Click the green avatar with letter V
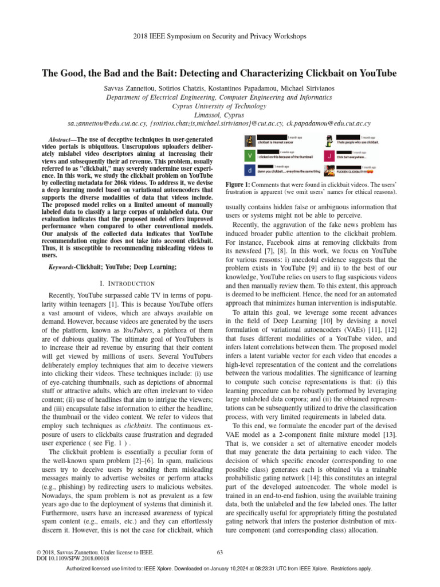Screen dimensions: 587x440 (x=250, y=156)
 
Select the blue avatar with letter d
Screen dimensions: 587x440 (x=250, y=170)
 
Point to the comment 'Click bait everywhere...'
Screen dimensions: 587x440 (x=350, y=156)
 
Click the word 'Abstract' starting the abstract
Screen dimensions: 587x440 (x=60, y=140)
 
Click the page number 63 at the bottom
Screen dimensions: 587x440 (x=220, y=553)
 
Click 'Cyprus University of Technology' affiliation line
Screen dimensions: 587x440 (x=220, y=106)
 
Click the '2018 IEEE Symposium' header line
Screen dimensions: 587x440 (x=220, y=36)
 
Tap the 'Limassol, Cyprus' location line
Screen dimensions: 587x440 (x=220, y=115)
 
